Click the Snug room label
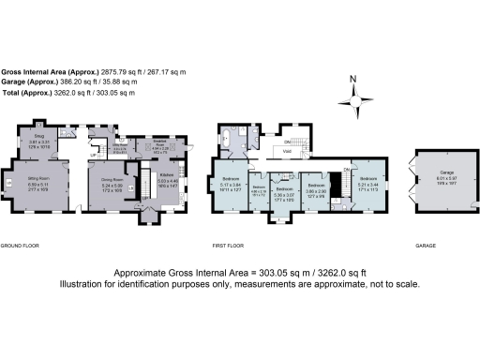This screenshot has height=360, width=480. tap(39, 136)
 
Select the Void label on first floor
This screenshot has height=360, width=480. tap(290, 150)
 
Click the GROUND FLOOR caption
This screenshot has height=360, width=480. tap(18, 246)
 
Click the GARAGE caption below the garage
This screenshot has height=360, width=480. tap(424, 246)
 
